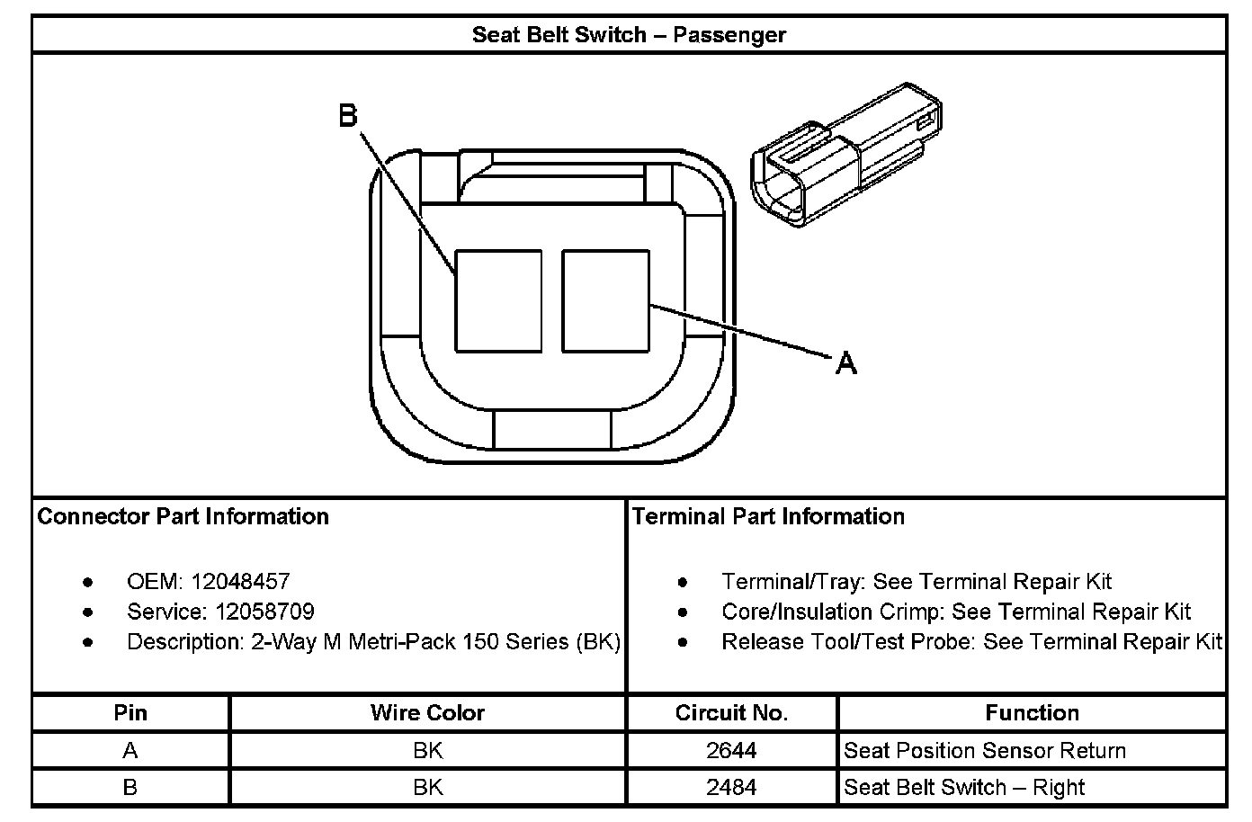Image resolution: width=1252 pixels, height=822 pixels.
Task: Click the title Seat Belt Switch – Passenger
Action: [629, 35]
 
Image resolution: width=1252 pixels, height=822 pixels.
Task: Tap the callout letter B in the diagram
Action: [348, 116]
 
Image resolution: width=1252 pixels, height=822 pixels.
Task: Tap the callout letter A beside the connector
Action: [846, 363]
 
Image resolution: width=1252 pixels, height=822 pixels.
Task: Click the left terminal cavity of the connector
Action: [498, 301]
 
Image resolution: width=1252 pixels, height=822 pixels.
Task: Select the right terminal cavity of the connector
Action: [606, 301]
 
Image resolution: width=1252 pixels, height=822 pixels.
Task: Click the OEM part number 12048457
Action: [240, 582]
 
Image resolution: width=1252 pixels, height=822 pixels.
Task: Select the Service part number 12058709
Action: [265, 612]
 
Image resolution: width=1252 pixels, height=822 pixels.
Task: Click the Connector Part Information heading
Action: [183, 516]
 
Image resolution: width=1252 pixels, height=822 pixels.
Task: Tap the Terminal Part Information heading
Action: [768, 516]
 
